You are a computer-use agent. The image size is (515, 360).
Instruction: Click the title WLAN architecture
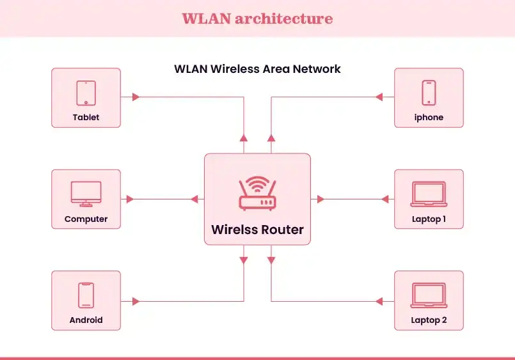(257, 18)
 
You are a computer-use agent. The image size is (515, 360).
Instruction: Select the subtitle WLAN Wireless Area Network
(257, 69)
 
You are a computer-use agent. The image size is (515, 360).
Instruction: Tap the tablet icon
(86, 93)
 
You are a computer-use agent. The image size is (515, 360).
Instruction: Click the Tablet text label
(86, 118)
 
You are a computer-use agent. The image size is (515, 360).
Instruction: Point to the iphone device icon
(429, 93)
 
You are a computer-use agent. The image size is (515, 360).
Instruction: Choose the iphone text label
(429, 118)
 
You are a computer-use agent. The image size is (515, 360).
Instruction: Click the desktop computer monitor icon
(86, 194)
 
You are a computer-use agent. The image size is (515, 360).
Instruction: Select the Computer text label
(86, 219)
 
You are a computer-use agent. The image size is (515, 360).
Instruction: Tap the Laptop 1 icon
(429, 194)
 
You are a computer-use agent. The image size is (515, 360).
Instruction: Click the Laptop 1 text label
(429, 219)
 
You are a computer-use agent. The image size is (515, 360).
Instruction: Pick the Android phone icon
(86, 295)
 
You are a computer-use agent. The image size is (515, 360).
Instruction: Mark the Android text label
(86, 320)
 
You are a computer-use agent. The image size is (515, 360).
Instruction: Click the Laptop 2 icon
(429, 295)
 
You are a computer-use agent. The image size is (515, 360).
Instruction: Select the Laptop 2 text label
(429, 320)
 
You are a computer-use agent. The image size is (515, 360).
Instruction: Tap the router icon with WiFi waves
(257, 194)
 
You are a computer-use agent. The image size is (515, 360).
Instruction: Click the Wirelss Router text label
(257, 230)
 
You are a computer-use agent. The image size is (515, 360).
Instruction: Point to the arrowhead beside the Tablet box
(135, 97)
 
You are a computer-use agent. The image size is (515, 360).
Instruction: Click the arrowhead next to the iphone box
(379, 97)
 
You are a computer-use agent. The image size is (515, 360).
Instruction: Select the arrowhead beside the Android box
(135, 301)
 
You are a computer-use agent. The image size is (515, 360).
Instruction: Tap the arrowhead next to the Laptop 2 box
(379, 301)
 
